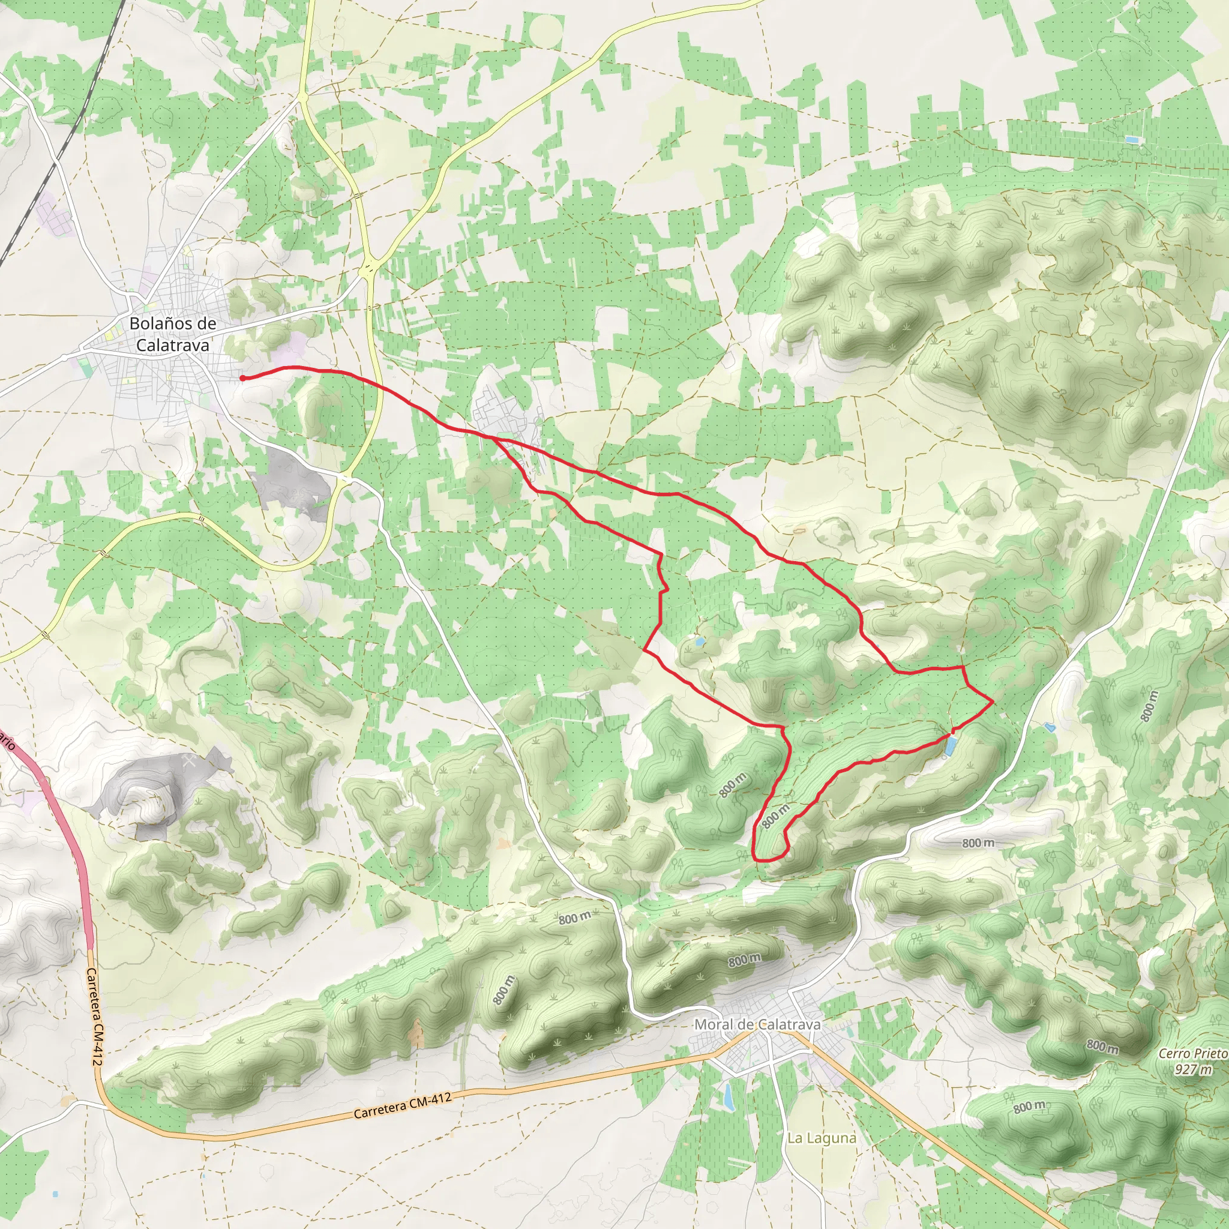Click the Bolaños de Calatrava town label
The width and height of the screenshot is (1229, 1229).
[172, 334]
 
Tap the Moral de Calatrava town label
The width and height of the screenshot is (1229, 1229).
[757, 1024]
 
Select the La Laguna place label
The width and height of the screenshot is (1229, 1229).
[822, 1137]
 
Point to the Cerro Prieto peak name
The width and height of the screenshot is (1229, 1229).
[1192, 1053]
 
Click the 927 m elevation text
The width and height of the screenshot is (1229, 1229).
[1193, 1069]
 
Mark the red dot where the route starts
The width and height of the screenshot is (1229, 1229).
[242, 379]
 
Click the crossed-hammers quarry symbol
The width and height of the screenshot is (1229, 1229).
[188, 761]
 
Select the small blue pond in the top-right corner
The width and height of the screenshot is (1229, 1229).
[1131, 139]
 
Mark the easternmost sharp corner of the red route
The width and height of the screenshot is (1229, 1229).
[993, 702]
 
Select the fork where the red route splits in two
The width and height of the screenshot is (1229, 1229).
[493, 437]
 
